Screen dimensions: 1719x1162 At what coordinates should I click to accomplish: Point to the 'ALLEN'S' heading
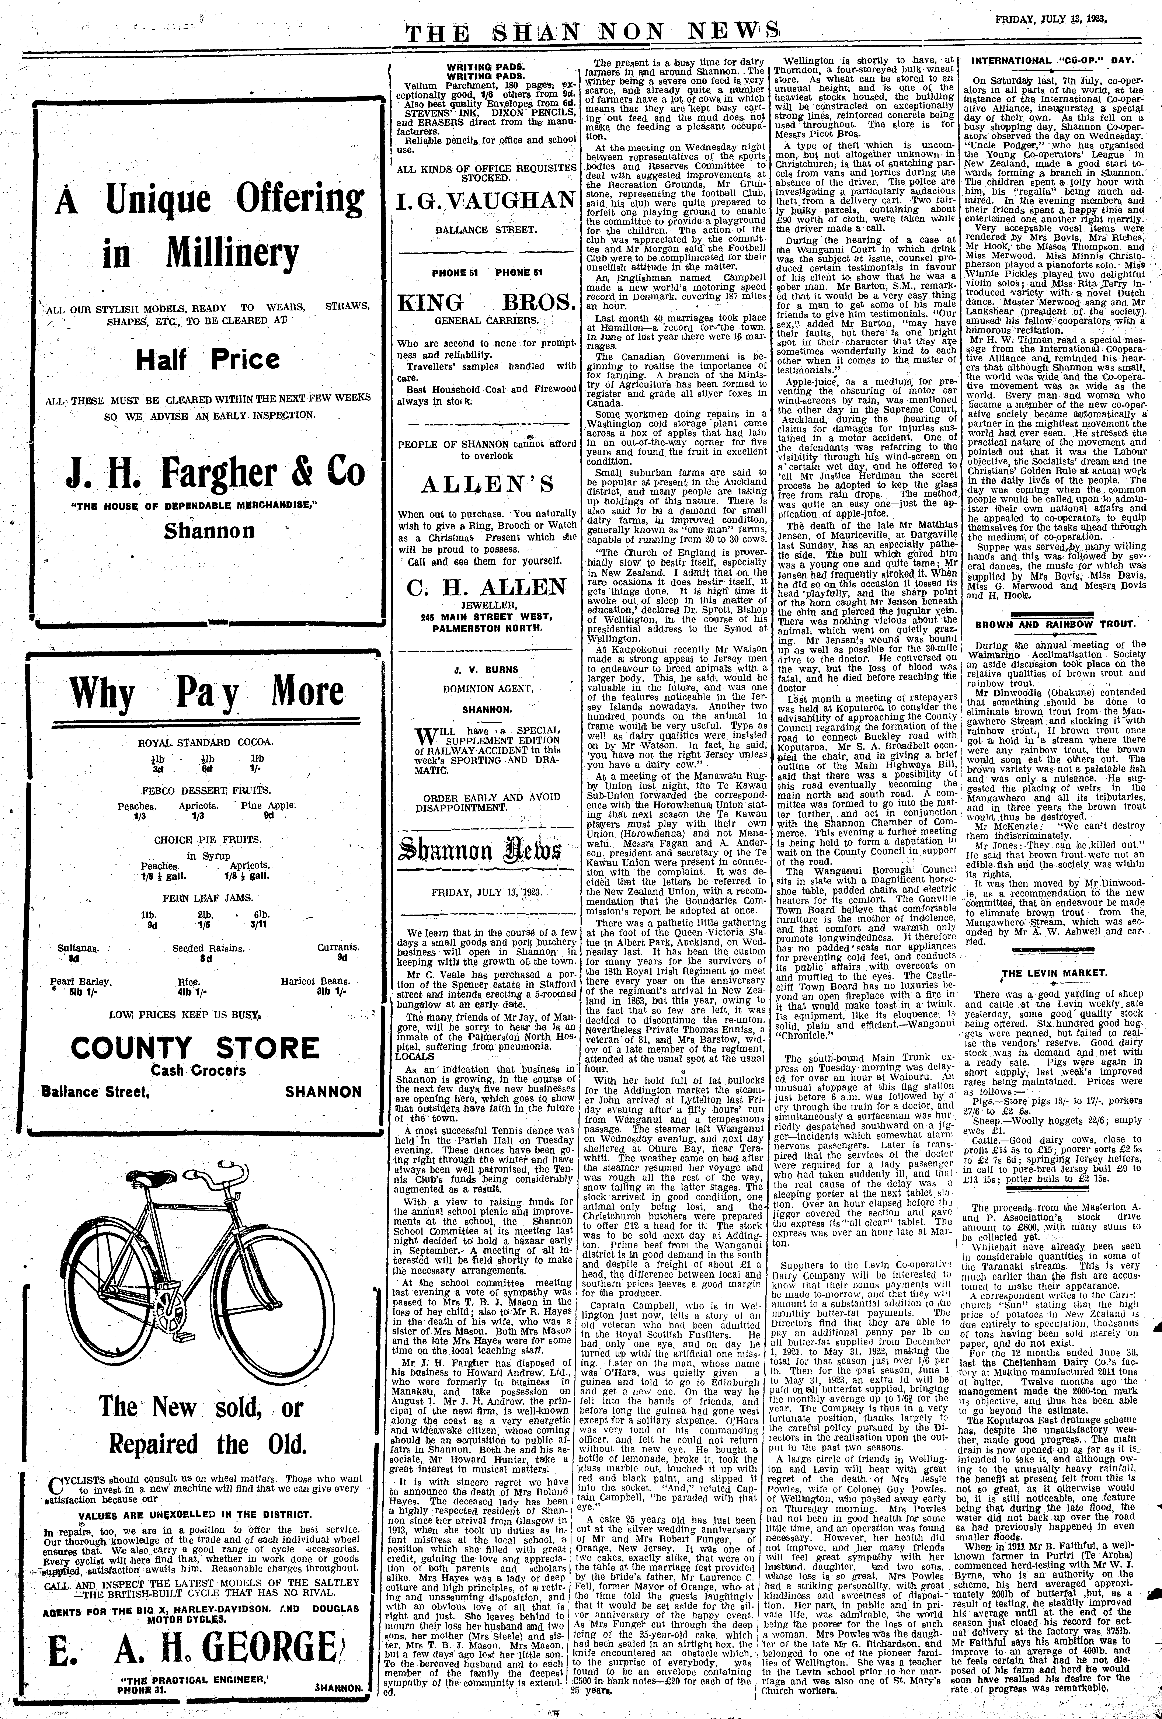(487, 484)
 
